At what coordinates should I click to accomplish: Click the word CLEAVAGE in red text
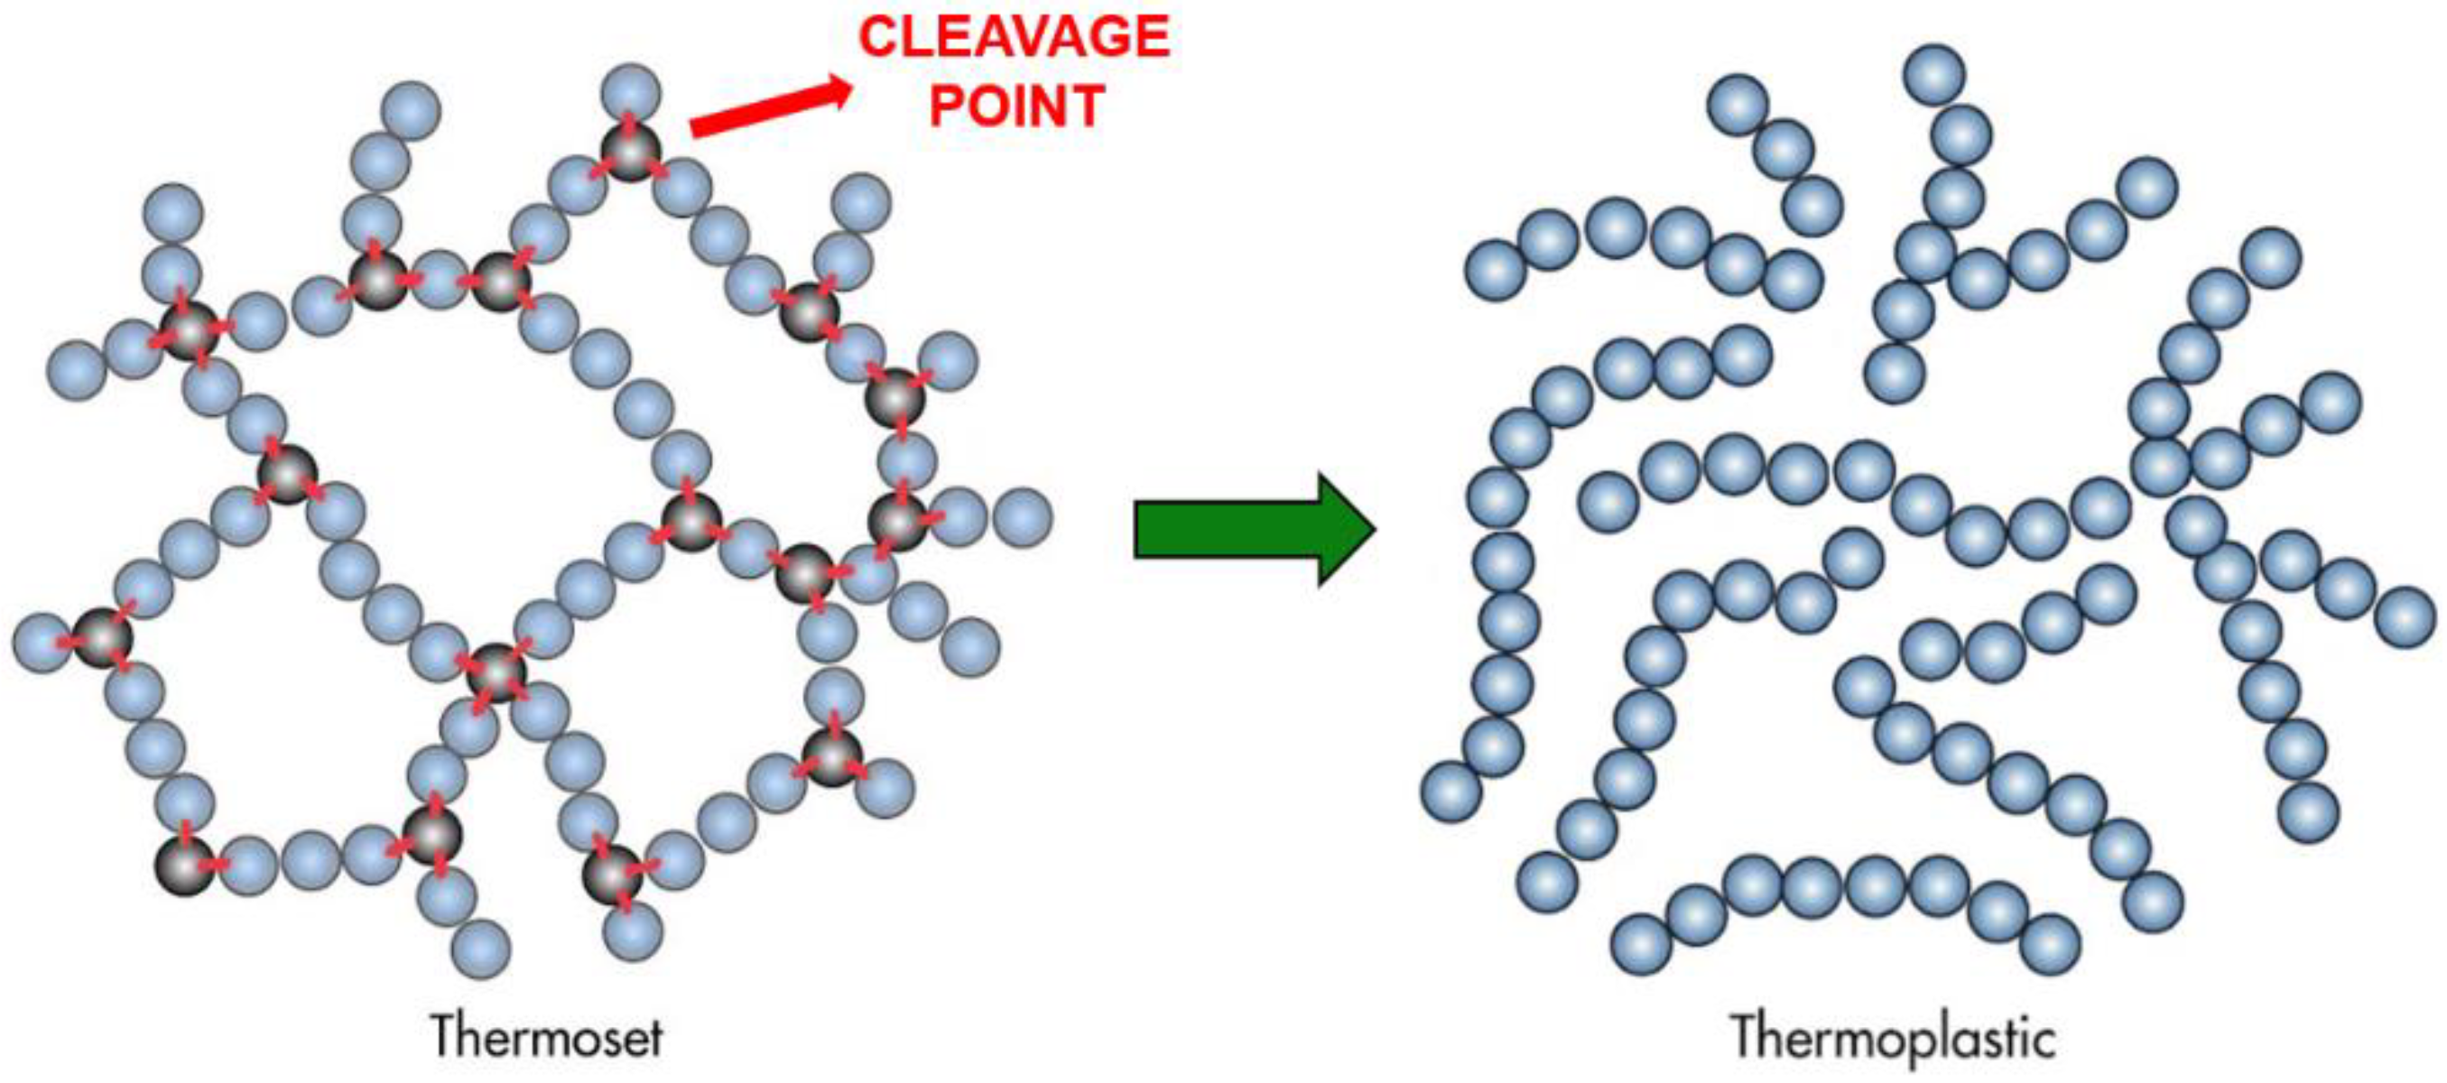pos(1014,38)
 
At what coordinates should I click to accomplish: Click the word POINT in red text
pos(1016,106)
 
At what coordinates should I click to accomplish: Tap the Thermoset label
pos(547,1036)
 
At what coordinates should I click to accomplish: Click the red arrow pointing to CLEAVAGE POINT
pos(769,108)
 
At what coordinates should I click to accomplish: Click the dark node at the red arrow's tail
pos(630,150)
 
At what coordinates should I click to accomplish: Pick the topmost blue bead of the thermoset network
pos(631,92)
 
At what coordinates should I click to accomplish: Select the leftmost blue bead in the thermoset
pos(42,643)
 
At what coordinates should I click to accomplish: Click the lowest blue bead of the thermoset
pos(481,949)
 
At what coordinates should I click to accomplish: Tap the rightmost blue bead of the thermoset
pos(1022,518)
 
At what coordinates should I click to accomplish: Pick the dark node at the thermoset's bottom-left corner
pos(185,865)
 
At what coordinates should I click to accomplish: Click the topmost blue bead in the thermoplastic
pos(1935,73)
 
